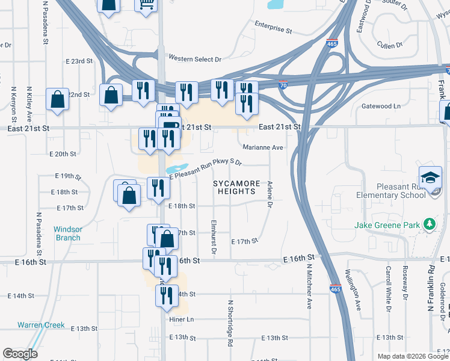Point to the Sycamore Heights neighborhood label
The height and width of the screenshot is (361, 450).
pos(238,187)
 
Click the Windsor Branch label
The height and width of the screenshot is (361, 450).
pos(67,233)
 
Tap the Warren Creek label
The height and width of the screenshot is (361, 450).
pos(41,325)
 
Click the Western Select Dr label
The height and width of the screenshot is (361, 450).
pos(195,59)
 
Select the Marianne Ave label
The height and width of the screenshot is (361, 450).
pos(263,147)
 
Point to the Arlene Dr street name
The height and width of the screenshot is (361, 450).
pos(270,196)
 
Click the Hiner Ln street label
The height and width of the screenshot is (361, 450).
pos(182,319)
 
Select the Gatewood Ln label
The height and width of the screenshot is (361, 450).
pos(381,106)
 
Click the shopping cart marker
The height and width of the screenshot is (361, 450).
pos(146,5)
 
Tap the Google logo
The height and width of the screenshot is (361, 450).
pos(20,354)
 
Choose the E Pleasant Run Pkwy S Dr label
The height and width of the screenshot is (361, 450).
pos(206,167)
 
